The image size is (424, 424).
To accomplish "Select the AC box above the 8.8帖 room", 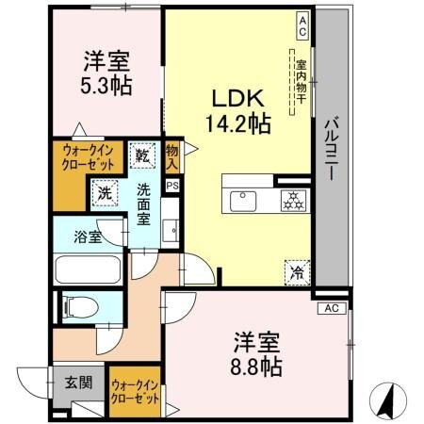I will tap(330, 308).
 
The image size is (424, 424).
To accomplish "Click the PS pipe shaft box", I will tap(171, 187).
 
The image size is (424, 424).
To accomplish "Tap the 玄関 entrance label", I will tap(77, 383).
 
